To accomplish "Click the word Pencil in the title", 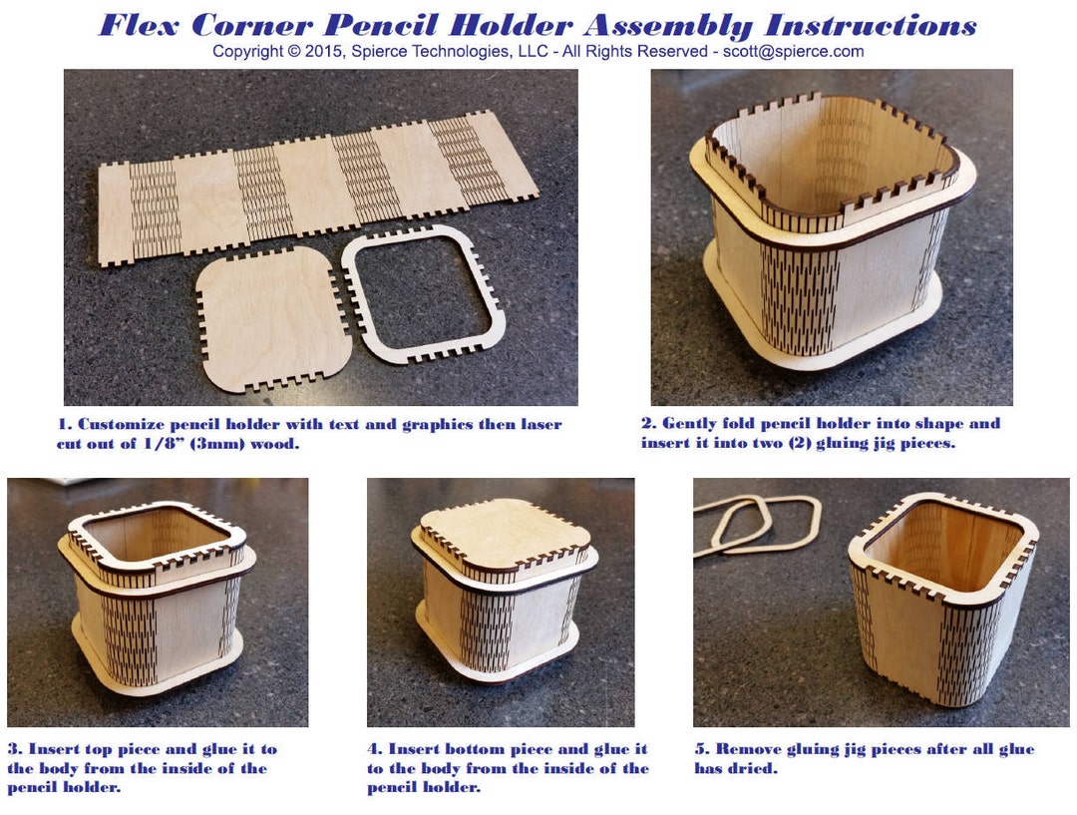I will [x=390, y=25].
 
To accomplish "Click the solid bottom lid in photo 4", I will [x=504, y=534].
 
